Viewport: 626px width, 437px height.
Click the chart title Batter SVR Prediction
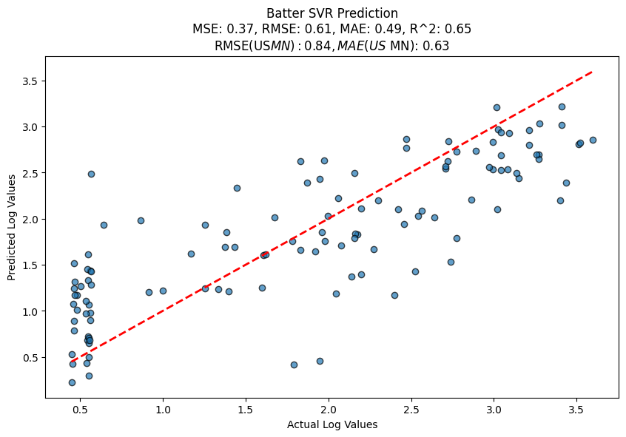[x=332, y=13]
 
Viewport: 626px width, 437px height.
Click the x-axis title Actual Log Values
[x=332, y=424]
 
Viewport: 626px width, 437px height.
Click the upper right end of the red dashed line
[x=592, y=72]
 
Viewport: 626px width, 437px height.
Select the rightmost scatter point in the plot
[x=593, y=140]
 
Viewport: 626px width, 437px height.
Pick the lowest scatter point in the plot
[x=72, y=382]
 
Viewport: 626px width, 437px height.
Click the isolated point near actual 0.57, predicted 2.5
[x=91, y=174]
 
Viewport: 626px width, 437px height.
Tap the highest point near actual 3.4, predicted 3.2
[x=562, y=106]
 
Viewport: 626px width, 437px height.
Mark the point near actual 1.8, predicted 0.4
[x=294, y=365]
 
